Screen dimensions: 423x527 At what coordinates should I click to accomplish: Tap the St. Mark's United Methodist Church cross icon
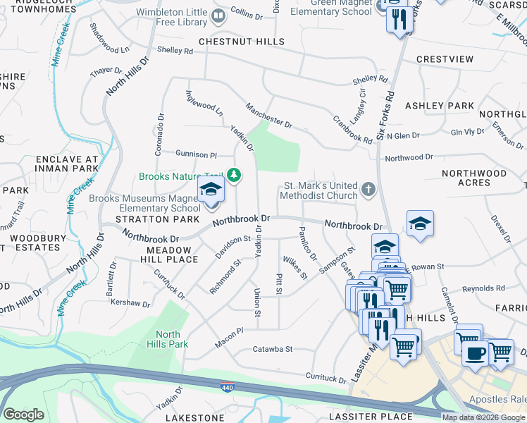367,190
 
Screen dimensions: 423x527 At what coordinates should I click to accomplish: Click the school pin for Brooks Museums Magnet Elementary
210,190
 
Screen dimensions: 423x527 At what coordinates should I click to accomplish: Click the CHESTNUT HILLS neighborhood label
241,42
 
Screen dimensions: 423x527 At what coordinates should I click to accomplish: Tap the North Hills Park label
168,339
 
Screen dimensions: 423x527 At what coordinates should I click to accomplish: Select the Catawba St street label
272,349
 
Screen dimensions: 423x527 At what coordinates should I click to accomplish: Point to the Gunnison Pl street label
197,154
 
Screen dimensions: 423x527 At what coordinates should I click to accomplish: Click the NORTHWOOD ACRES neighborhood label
473,178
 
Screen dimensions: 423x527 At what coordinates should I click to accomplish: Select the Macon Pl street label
230,329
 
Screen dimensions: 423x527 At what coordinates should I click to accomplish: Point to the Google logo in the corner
23,415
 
